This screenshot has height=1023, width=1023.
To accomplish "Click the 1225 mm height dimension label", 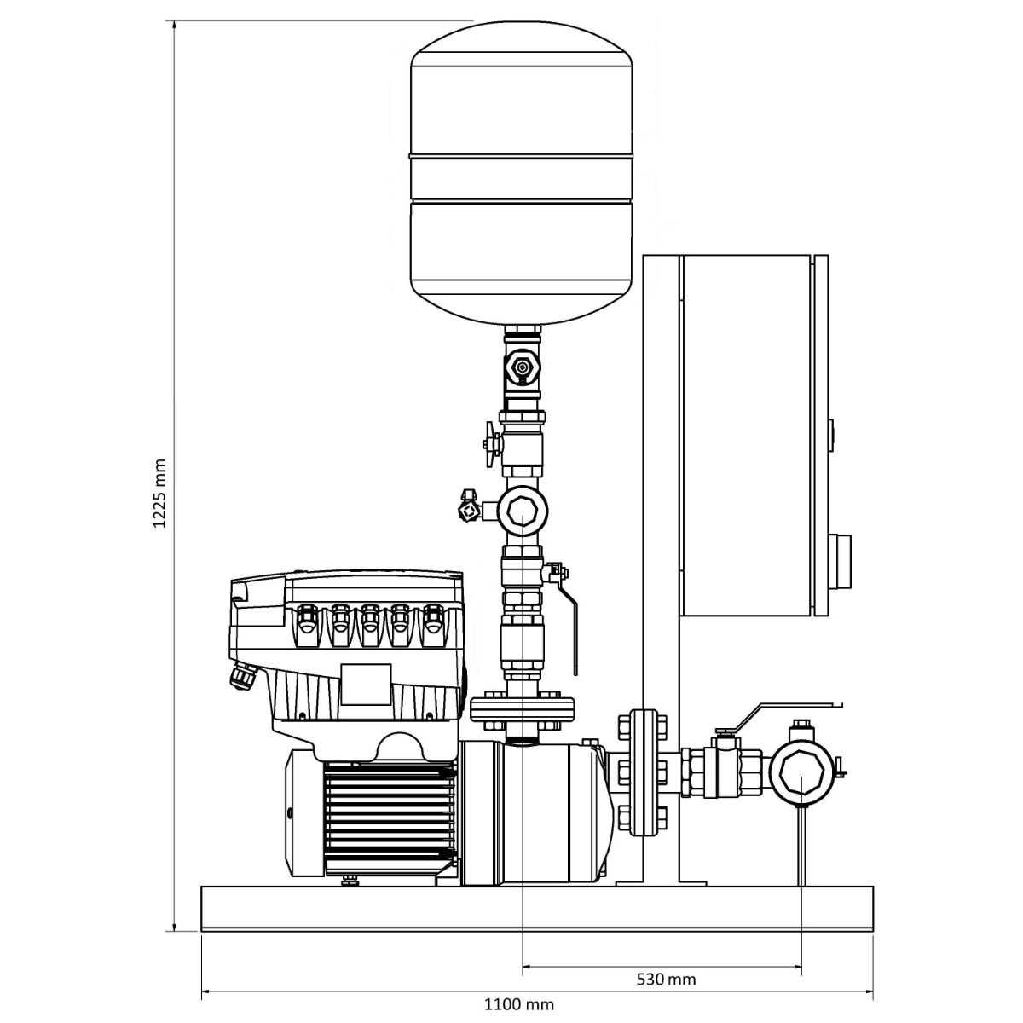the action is point(159,494).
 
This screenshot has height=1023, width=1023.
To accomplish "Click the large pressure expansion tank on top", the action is point(522,172).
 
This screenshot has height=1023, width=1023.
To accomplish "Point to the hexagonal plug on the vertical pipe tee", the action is point(523,511).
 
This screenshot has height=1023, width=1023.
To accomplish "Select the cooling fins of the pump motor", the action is point(390,822).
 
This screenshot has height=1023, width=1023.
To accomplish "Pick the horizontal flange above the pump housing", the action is point(523,708).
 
